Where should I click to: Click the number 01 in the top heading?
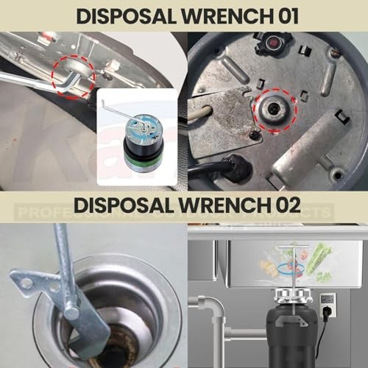[281, 15]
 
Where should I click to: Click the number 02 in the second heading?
[281, 206]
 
